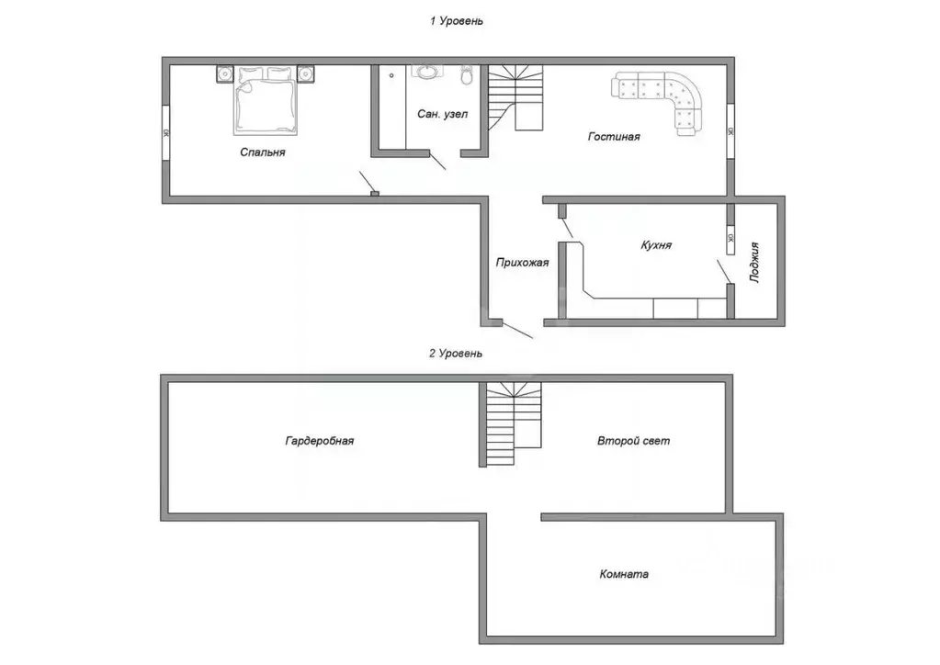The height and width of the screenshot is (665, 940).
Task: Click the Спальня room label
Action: tap(263, 152)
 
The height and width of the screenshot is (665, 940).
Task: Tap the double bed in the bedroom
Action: tap(266, 101)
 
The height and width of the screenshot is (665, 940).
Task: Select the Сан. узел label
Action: tap(442, 114)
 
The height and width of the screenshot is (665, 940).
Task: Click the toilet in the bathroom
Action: tap(467, 74)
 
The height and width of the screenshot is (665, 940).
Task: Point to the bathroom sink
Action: tap(427, 72)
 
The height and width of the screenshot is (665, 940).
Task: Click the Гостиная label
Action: tap(614, 137)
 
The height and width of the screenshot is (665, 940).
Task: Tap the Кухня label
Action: tap(656, 245)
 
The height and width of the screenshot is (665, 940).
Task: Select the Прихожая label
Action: tap(522, 263)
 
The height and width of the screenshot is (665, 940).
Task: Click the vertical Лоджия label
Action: tap(754, 263)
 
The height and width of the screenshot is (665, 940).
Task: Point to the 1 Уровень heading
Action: tap(456, 21)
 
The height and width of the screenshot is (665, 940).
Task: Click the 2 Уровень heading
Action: tap(456, 354)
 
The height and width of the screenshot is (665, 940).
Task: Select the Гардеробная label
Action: tap(320, 441)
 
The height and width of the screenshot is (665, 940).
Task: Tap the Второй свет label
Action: tap(634, 441)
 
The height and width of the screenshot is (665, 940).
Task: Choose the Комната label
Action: tap(624, 574)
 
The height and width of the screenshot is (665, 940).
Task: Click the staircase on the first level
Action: tap(515, 97)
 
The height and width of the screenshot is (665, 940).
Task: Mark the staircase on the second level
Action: tap(514, 424)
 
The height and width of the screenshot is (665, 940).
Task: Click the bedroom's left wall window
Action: tap(166, 133)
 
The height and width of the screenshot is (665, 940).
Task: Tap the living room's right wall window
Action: tap(730, 131)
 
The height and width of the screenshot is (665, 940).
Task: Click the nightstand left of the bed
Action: tap(225, 73)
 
